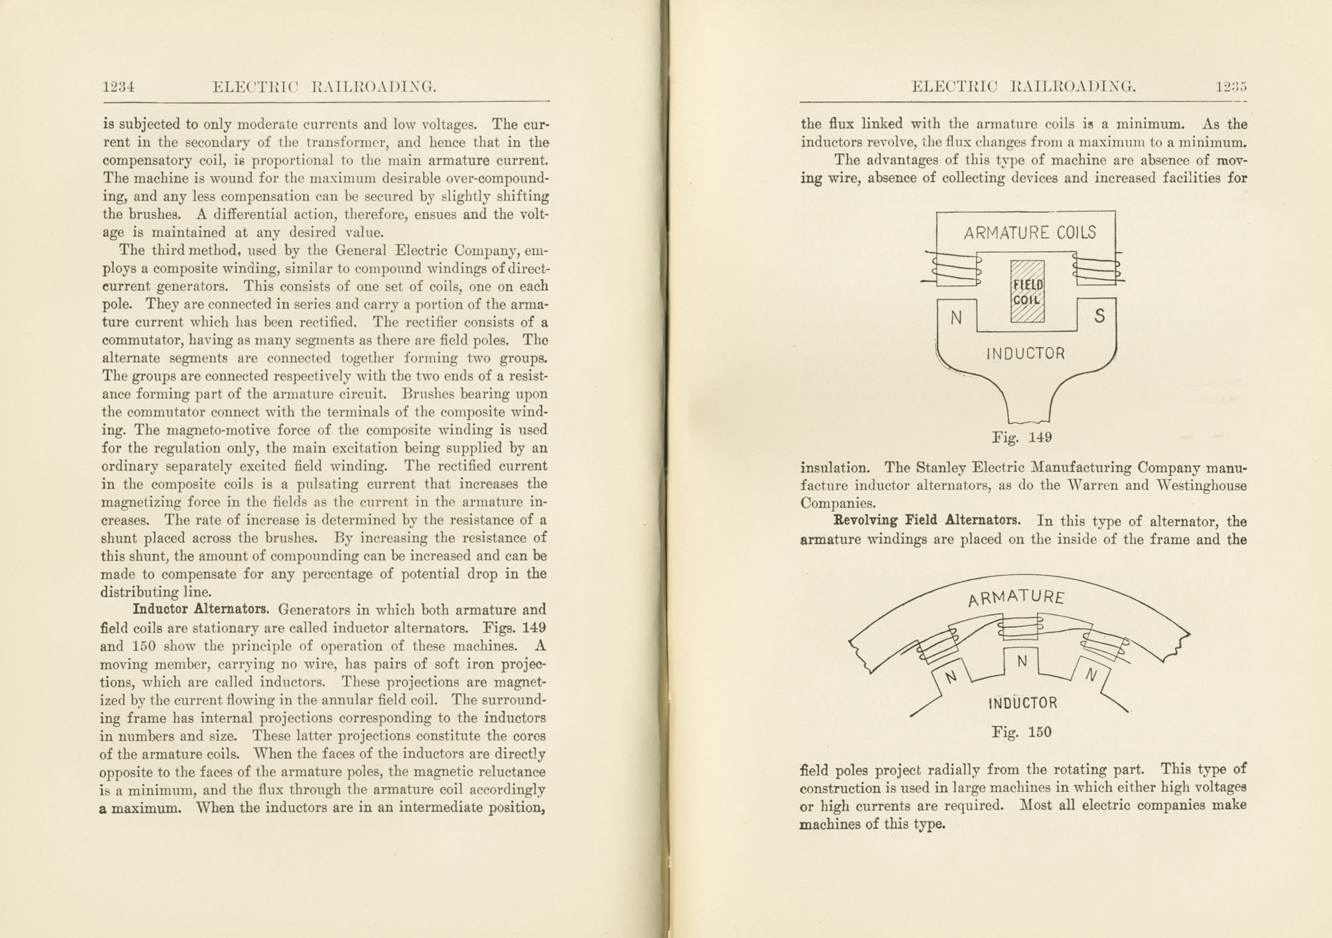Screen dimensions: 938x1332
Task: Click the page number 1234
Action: pos(118,87)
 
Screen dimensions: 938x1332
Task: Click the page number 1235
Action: pos(1231,87)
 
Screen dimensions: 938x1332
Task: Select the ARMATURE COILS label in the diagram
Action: pos(1029,233)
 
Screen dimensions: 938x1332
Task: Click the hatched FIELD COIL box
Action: pos(1027,291)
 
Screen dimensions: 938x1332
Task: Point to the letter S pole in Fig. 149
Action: pos(1100,316)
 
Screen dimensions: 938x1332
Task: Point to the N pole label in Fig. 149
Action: pos(956,318)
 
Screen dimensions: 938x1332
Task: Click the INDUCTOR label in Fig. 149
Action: pos(1025,354)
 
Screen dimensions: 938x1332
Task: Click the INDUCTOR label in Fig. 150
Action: pos(1022,703)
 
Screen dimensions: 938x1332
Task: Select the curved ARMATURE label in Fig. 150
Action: pos(1016,597)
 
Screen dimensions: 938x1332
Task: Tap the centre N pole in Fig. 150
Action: pos(1022,662)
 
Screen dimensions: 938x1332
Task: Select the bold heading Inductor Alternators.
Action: pos(201,610)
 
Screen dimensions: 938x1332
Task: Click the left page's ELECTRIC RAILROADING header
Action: pos(324,87)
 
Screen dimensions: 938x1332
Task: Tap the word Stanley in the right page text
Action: pos(940,468)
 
